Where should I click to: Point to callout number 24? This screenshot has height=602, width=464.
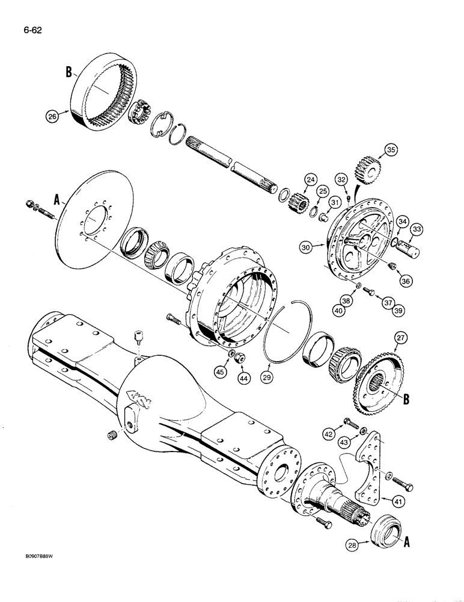[311, 178]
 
